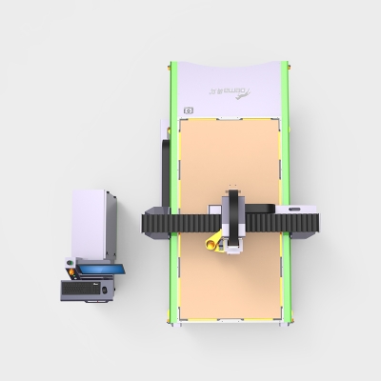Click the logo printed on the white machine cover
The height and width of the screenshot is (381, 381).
pos(226,92)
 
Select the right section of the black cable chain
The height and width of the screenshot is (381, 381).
pos(286,223)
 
